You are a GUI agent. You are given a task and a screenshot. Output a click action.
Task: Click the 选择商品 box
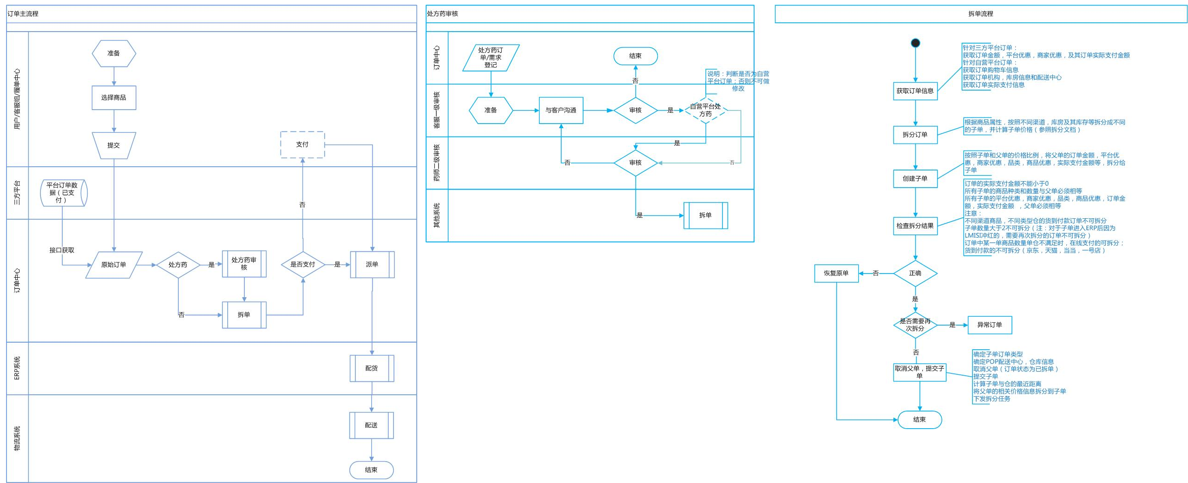point(114,98)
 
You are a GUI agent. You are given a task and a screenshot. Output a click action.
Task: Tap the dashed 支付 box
point(302,145)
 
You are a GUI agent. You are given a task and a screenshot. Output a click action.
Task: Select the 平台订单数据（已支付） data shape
point(64,193)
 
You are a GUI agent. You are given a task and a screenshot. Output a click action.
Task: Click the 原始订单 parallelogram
point(114,265)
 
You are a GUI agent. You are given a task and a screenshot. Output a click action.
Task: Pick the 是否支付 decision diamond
point(303,265)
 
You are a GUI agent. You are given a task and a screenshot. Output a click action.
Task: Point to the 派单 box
point(372,265)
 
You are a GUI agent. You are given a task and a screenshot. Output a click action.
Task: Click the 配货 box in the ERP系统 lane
point(372,368)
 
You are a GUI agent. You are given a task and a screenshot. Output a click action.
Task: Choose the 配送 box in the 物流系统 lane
point(371,425)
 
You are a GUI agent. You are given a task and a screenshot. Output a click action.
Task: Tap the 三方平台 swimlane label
point(17,193)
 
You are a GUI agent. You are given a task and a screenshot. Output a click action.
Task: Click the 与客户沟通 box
point(561,111)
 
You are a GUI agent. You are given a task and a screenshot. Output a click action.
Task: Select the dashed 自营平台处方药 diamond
point(706,111)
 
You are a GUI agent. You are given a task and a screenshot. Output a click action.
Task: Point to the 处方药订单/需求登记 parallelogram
point(491,58)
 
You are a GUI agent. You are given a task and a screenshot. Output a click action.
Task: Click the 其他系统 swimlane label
point(437,215)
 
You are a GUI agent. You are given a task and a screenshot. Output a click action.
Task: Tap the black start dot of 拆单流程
point(915,43)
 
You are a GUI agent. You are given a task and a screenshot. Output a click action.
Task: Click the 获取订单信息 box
point(915,91)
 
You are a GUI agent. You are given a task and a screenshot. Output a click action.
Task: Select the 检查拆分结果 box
point(915,226)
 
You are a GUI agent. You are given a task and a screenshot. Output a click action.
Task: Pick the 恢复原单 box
point(836,274)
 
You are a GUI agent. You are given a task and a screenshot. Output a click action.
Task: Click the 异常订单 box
point(990,325)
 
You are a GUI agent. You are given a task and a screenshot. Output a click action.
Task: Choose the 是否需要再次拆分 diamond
point(915,325)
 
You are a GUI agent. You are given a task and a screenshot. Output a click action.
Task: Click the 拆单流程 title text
point(980,14)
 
